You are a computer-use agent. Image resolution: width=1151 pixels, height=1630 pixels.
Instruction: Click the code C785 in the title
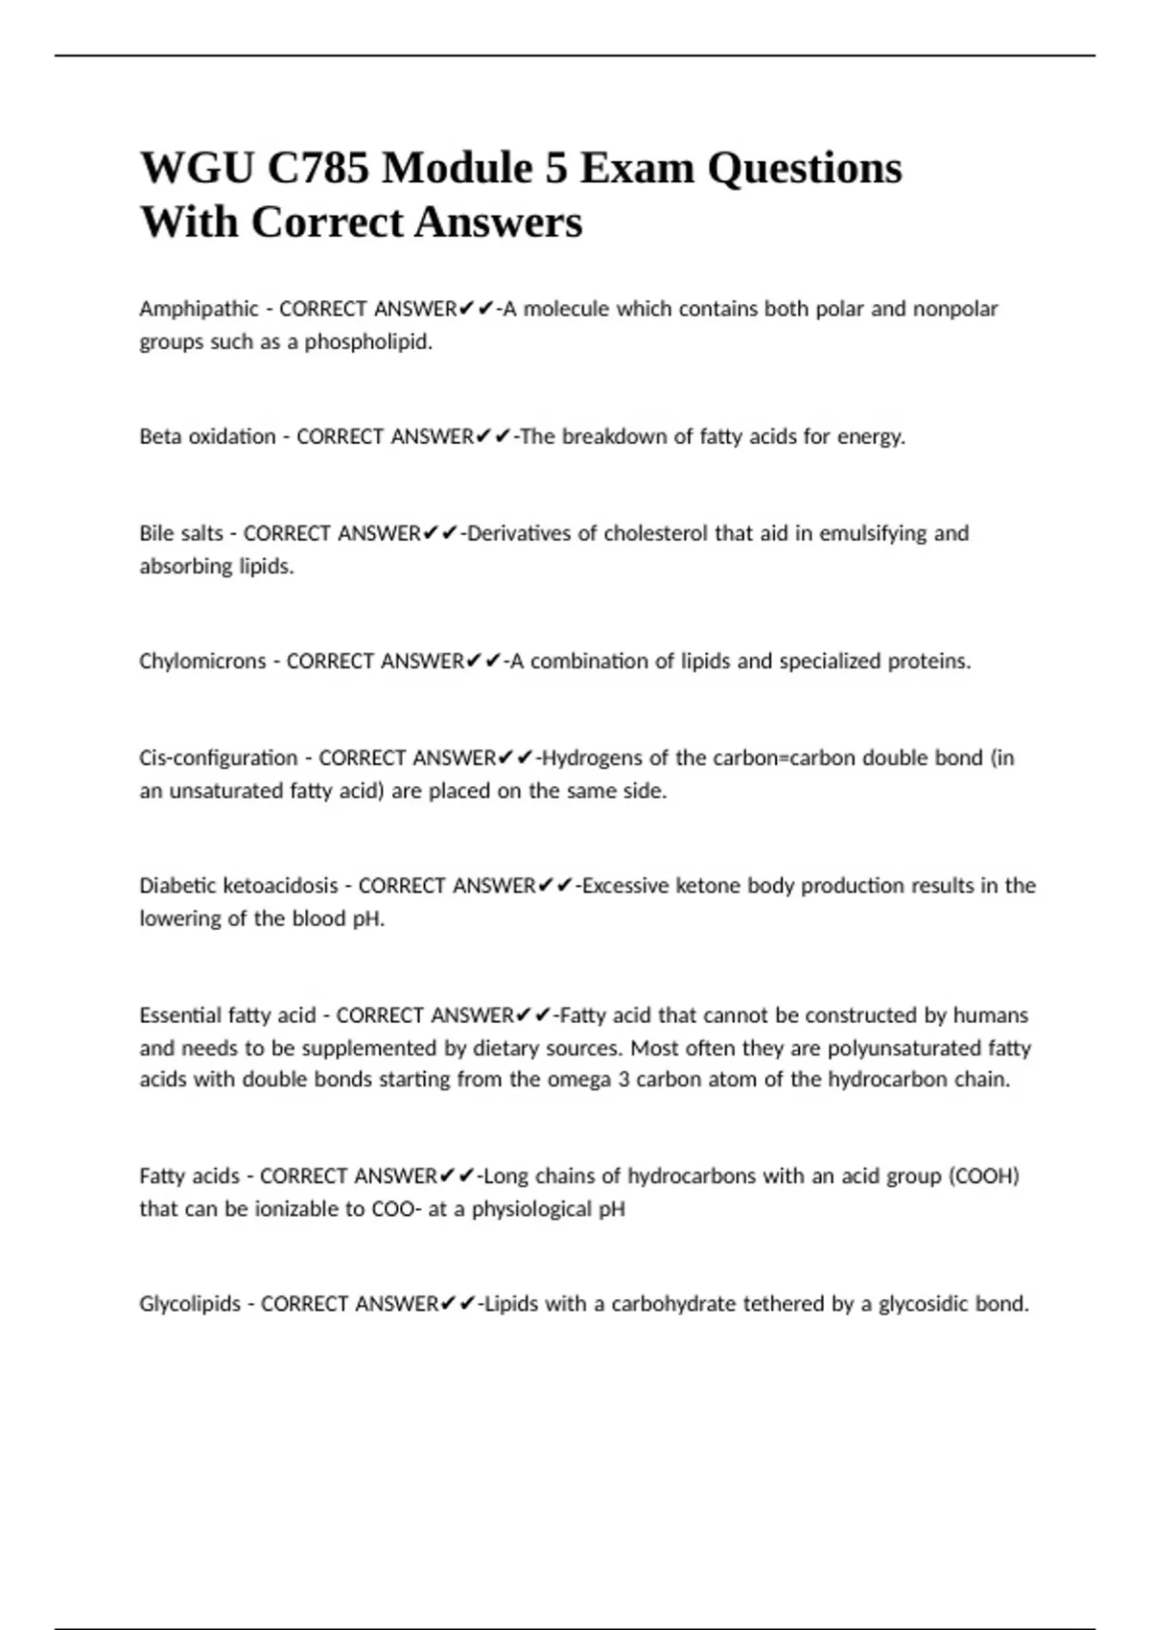(x=317, y=169)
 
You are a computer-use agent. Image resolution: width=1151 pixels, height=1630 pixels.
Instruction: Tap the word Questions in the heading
(x=805, y=169)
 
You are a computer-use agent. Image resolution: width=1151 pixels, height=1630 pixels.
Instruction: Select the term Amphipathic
(x=199, y=309)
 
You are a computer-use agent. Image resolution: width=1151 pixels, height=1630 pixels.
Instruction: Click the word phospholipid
(x=368, y=342)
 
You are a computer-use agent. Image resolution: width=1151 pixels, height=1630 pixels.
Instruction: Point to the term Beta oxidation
(x=207, y=437)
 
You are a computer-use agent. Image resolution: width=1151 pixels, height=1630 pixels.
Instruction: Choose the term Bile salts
(x=181, y=533)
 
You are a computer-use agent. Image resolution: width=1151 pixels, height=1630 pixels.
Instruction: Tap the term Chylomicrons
(x=202, y=662)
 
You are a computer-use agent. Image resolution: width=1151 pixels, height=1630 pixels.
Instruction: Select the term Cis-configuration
(x=219, y=758)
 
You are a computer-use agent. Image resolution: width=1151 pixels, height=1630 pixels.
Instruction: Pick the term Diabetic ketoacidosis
(x=239, y=886)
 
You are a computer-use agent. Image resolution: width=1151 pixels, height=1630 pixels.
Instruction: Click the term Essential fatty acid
(x=227, y=1015)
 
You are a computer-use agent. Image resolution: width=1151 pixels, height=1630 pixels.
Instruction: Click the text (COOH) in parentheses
(x=983, y=1176)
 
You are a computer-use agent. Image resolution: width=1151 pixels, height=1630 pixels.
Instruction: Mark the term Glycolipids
(x=190, y=1304)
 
